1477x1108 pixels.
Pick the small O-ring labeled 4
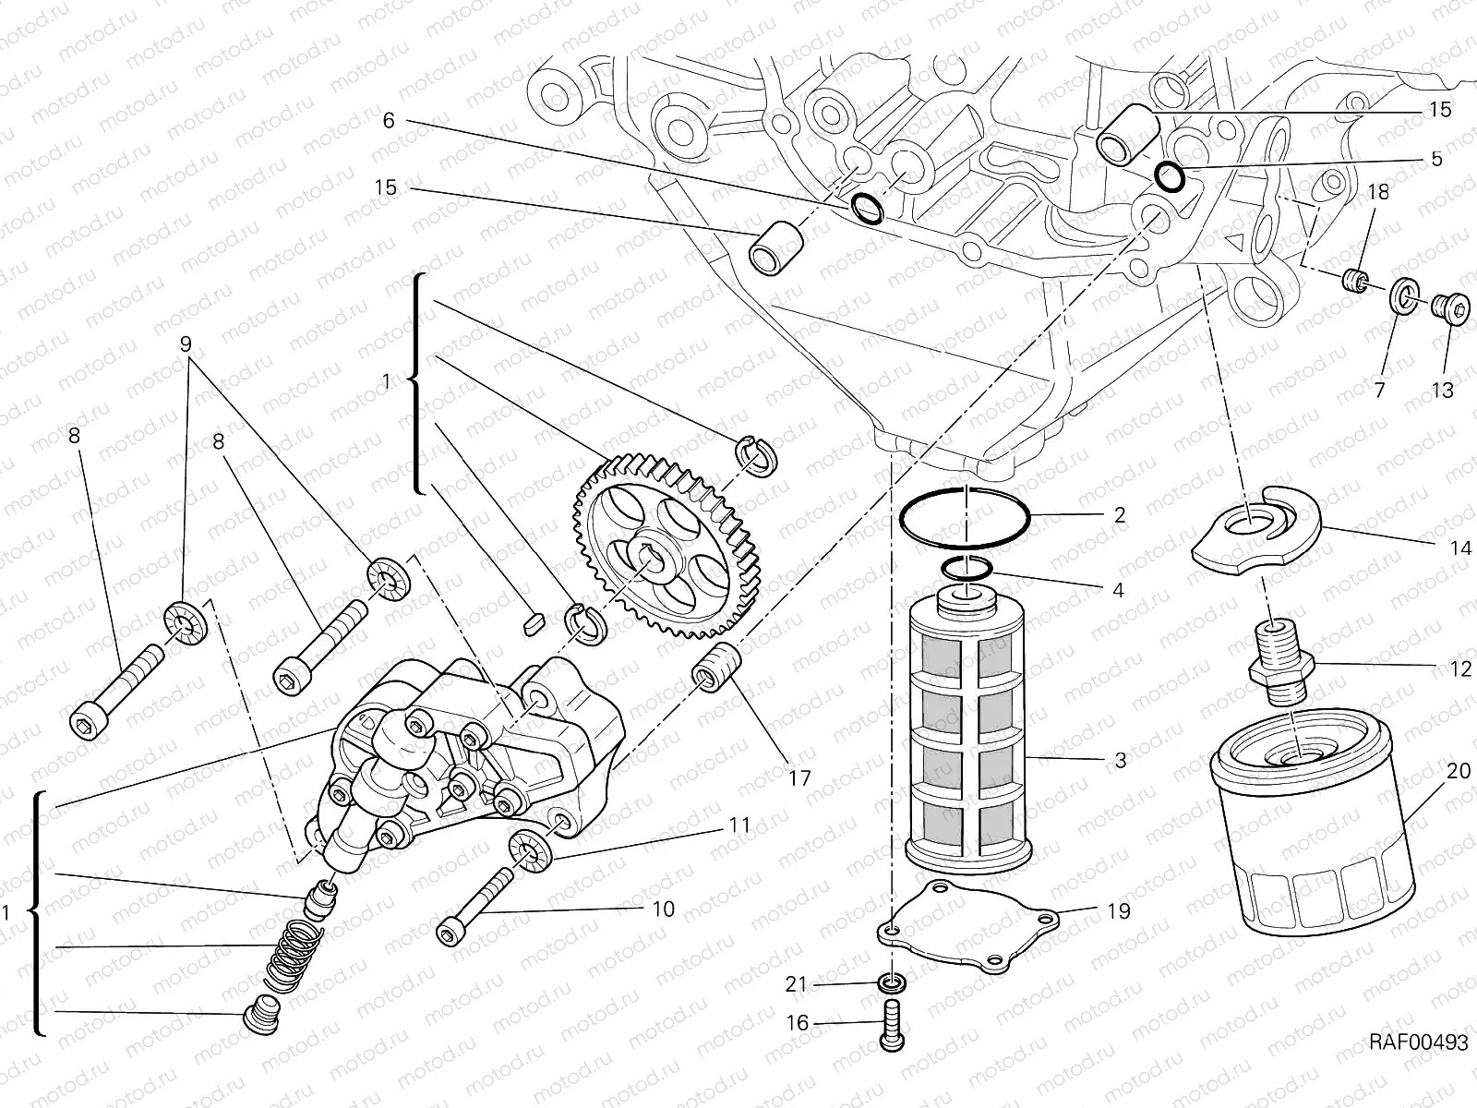[x=967, y=569]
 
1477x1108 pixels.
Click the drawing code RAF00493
[x=1418, y=1042]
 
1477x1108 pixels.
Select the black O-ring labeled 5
[x=1171, y=175]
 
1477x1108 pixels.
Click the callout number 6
[x=388, y=121]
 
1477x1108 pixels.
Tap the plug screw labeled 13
[x=1450, y=311]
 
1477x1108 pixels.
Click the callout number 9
[x=186, y=344]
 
